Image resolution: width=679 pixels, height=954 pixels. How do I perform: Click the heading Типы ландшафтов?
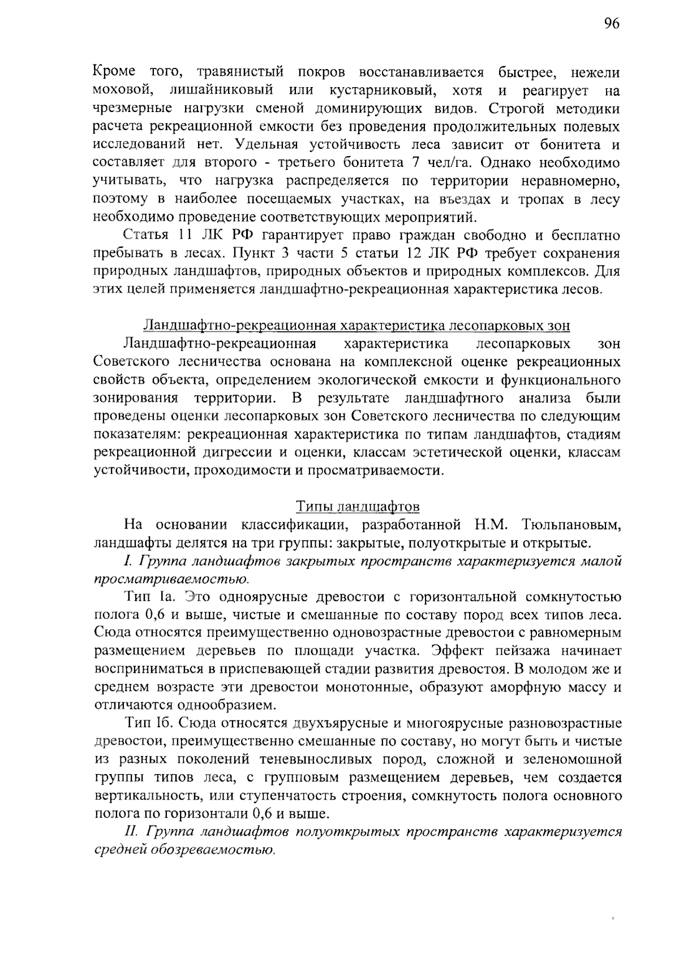[x=358, y=506]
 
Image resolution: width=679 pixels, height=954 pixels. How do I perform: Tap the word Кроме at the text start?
[x=114, y=73]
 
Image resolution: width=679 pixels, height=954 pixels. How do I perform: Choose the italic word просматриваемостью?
[x=171, y=579]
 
